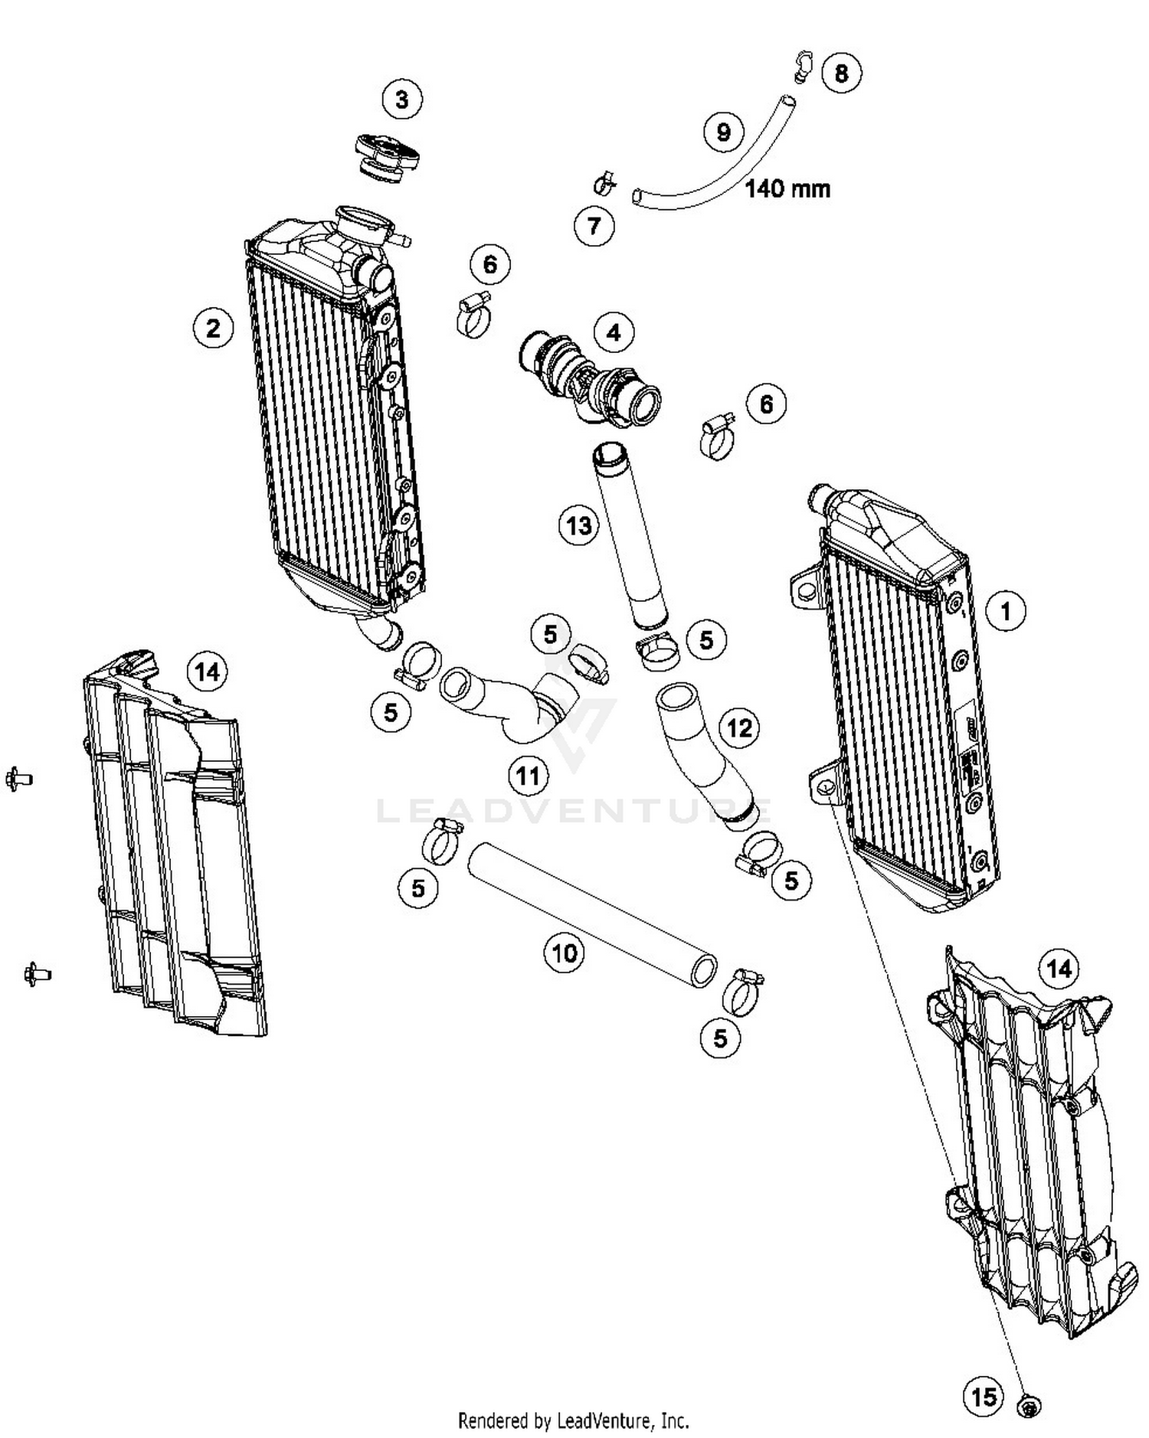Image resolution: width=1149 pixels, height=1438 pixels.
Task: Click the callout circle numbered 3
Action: click(402, 99)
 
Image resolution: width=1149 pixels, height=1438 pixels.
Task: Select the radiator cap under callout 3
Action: click(386, 157)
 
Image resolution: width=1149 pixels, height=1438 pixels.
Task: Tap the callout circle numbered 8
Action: click(841, 73)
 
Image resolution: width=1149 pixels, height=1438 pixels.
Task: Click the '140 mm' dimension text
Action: click(787, 188)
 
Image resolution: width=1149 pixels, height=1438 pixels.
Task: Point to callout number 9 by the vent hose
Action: click(724, 132)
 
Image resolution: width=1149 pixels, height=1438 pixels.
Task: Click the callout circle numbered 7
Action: click(594, 226)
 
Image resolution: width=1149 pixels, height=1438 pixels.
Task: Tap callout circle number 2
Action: click(212, 328)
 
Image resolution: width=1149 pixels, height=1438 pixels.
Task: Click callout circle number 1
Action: click(1005, 610)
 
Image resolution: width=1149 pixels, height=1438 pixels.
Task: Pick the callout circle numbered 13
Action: click(579, 525)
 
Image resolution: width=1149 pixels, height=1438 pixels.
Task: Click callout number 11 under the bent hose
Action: click(529, 776)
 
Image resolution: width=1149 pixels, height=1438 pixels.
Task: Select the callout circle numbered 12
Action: click(739, 727)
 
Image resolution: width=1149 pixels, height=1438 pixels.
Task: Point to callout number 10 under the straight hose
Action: click(565, 953)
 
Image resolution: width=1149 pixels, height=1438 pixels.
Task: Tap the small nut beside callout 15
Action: click(1029, 1406)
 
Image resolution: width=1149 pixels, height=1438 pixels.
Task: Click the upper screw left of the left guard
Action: click(18, 779)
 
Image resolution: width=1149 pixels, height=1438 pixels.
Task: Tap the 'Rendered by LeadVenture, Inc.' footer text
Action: click(573, 1421)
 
